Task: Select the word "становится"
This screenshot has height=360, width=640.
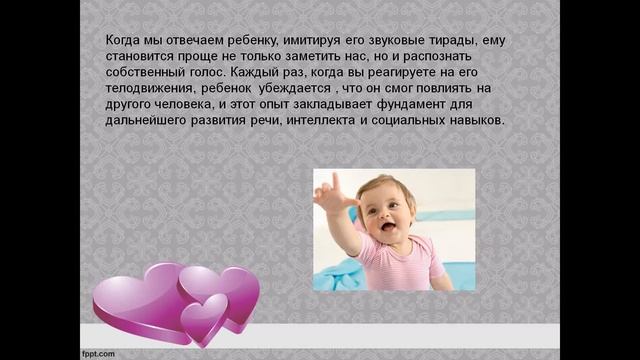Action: tap(139, 57)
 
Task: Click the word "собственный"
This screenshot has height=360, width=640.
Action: tap(147, 73)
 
